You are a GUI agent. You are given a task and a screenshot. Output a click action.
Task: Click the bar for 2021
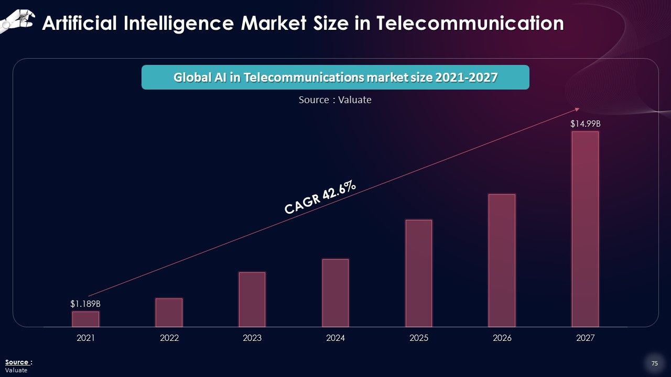[85, 319]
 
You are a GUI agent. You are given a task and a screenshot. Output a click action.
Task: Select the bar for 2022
[169, 313]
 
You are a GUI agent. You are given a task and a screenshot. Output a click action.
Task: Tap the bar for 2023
[252, 300]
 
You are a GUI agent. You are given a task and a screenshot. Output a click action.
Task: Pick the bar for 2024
[335, 293]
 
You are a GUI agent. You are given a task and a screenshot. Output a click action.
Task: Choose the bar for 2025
[419, 273]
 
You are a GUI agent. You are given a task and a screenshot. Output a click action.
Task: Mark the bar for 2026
[502, 260]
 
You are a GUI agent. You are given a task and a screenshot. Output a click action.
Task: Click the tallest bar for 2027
[585, 229]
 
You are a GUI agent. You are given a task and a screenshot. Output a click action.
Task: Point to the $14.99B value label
[585, 124]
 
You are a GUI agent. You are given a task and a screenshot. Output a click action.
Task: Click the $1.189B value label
[85, 304]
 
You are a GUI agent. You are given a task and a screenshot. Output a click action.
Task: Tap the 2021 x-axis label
[85, 338]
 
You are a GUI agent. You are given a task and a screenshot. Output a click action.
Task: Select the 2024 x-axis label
[335, 338]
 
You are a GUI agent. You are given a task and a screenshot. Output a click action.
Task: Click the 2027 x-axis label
[585, 338]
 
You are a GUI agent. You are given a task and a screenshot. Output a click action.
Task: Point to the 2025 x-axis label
[419, 338]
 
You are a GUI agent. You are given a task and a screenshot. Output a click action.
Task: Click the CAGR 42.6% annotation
[321, 197]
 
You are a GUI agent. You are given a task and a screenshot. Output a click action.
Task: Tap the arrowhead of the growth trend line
[577, 109]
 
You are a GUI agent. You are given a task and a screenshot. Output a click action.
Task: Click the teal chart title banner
[335, 77]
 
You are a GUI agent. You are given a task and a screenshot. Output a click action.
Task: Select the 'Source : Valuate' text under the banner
[335, 99]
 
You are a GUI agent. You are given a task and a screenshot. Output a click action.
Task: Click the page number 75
[654, 363]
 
